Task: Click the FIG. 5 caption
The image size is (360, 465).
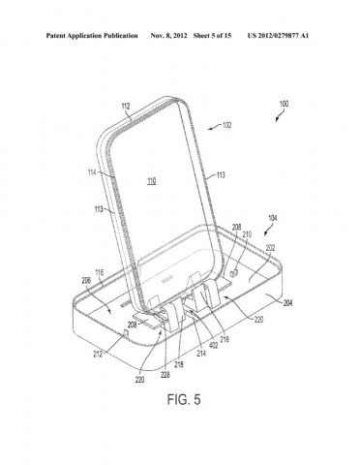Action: pos(179,398)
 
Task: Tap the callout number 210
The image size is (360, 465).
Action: pos(247,234)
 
